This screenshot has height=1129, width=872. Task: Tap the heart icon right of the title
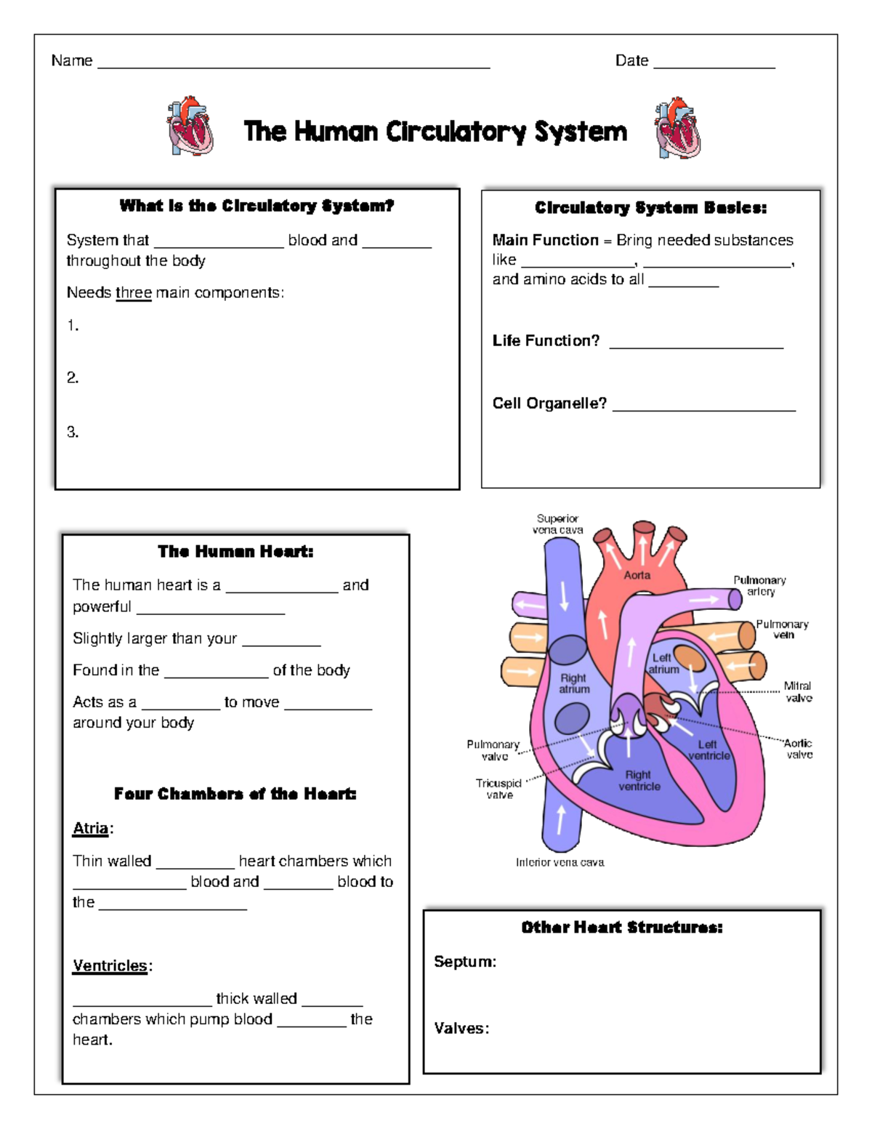tap(678, 128)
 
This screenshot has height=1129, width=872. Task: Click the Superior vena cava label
tap(557, 524)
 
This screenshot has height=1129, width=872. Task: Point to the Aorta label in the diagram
tap(637, 575)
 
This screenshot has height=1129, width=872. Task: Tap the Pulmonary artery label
tap(759, 586)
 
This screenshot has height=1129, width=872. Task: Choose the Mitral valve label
tap(798, 692)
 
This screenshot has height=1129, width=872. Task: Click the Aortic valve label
tap(798, 749)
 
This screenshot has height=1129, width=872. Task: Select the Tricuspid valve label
tap(498, 789)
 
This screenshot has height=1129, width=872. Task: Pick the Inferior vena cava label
tap(560, 862)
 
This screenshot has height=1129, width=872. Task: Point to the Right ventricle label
tap(639, 780)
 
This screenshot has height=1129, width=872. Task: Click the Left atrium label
tap(663, 664)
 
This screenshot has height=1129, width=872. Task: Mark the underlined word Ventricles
tap(110, 965)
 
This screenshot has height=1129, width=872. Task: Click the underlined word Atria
tap(91, 828)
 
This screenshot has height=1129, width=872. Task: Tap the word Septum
tap(464, 962)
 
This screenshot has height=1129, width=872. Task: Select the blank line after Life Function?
tap(696, 346)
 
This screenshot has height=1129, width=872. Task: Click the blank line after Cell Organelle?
tap(703, 409)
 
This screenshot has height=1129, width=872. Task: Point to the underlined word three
tap(134, 292)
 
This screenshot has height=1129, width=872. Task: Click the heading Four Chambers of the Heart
tap(235, 794)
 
